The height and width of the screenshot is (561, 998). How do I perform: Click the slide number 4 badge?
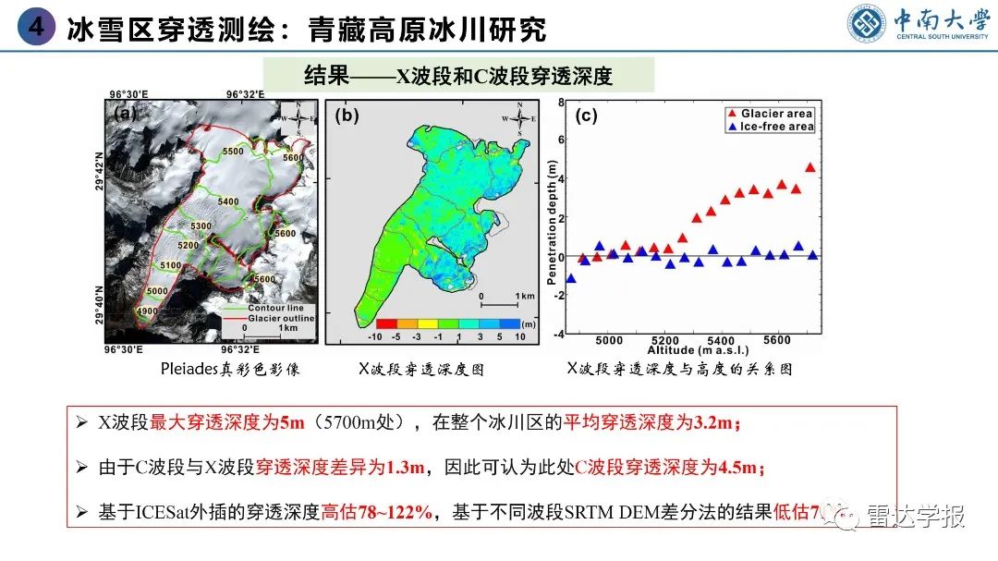click(36, 27)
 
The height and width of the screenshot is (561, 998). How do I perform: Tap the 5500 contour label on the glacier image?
click(233, 152)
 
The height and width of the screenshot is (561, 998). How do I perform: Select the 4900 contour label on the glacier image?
click(147, 312)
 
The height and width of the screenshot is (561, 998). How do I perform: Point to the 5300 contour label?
click(200, 226)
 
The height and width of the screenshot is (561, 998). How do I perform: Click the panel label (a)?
click(125, 115)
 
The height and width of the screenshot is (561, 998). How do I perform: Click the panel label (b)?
click(347, 116)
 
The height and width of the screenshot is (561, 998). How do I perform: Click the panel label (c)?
click(586, 116)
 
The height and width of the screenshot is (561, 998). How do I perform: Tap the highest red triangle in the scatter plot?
click(810, 167)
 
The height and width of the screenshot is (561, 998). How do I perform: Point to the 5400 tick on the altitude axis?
click(721, 339)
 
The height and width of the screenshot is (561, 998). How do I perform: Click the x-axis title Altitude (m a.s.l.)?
click(697, 350)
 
